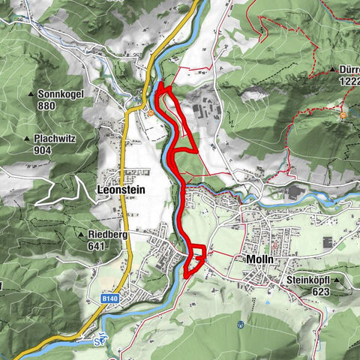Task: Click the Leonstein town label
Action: coord(120,190)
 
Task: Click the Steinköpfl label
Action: coord(308,280)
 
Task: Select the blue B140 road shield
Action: coord(109,298)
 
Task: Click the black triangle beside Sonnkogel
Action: coord(31,94)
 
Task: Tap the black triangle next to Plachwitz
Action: coord(26,139)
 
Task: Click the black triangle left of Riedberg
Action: coord(81,234)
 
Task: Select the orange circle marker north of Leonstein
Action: coord(151,114)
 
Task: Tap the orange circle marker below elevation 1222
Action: coord(343,116)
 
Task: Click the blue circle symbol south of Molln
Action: coord(240,325)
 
